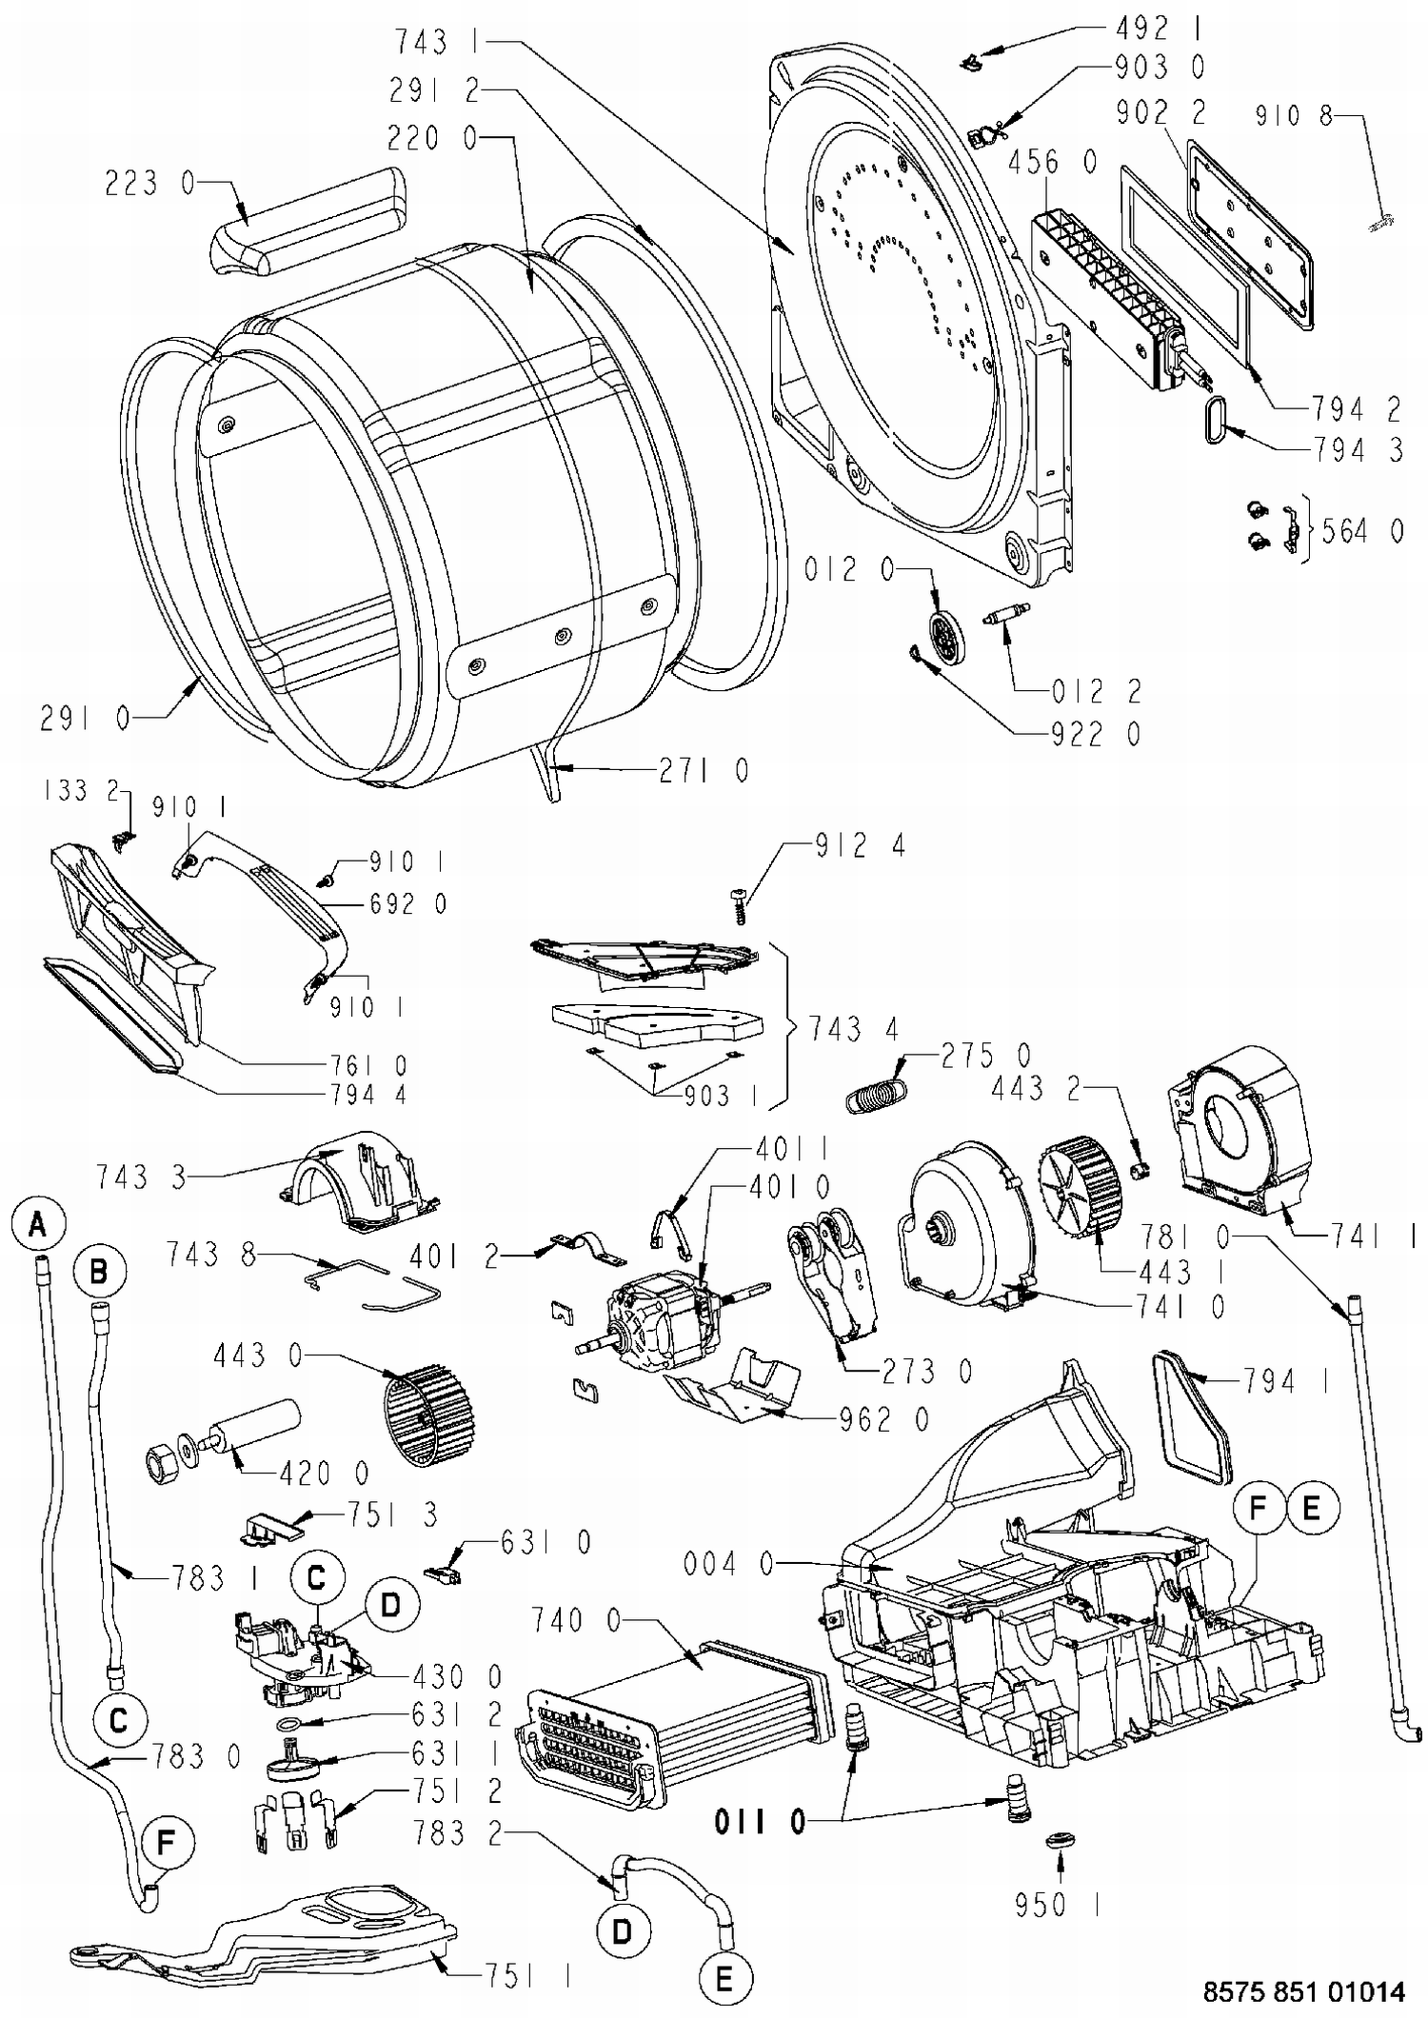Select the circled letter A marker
[x=38, y=1223]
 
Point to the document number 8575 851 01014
[x=1303, y=1991]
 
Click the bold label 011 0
[x=760, y=1822]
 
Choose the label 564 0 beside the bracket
[x=1363, y=531]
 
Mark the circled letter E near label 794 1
[x=1312, y=1507]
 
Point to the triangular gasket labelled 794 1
[x=1190, y=1418]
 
